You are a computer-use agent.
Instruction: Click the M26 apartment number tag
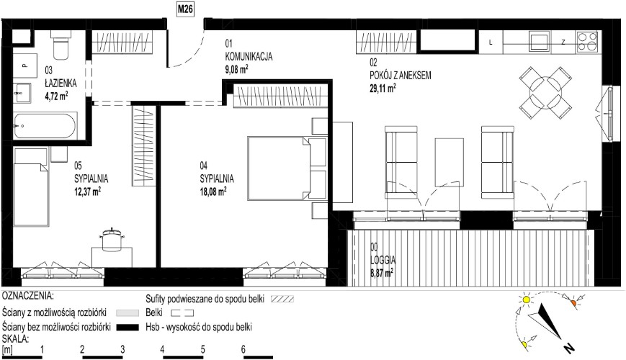[185, 9]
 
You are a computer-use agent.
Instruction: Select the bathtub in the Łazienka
[45, 126]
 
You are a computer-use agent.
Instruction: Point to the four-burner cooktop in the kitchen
[588, 42]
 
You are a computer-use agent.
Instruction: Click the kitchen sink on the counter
[540, 42]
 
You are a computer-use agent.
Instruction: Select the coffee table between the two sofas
[449, 162]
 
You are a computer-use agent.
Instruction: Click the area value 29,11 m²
[383, 88]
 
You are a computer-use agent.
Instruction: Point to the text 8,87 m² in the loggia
[382, 272]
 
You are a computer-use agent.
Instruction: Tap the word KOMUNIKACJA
[249, 56]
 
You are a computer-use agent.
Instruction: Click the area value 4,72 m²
[56, 96]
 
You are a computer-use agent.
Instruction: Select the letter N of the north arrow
[568, 348]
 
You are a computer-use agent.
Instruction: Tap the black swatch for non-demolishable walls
[128, 328]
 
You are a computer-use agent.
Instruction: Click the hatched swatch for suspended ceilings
[282, 299]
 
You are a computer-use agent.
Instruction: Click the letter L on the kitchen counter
[491, 42]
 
